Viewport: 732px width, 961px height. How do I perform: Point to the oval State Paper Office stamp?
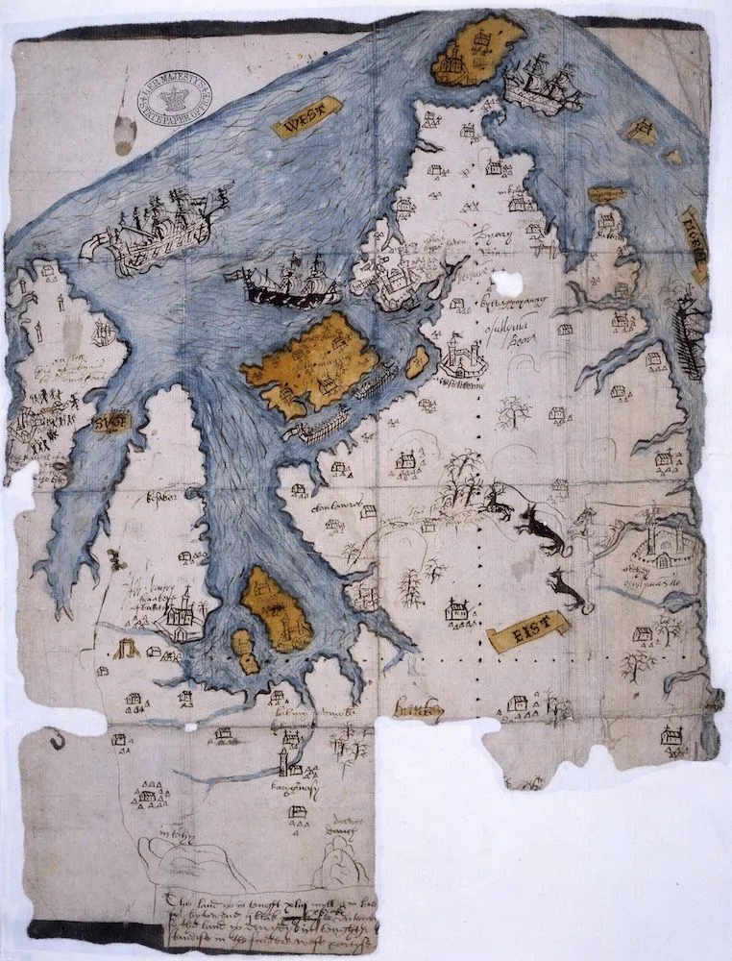[x=175, y=93]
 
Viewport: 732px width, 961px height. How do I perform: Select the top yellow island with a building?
[x=476, y=50]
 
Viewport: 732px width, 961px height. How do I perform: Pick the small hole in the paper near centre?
[x=506, y=282]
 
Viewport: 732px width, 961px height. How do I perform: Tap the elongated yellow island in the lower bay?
[x=277, y=607]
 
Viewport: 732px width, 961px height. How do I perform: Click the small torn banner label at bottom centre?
[x=419, y=711]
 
